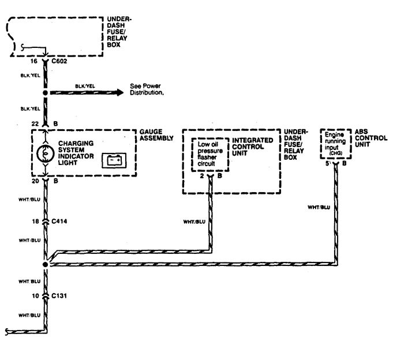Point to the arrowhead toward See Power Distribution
pos(120,92)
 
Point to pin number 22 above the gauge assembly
pos(34,123)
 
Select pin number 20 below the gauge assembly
pos(34,181)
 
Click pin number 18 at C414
pos(34,220)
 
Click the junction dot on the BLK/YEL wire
pos(46,92)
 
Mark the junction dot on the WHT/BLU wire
pos(46,264)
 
